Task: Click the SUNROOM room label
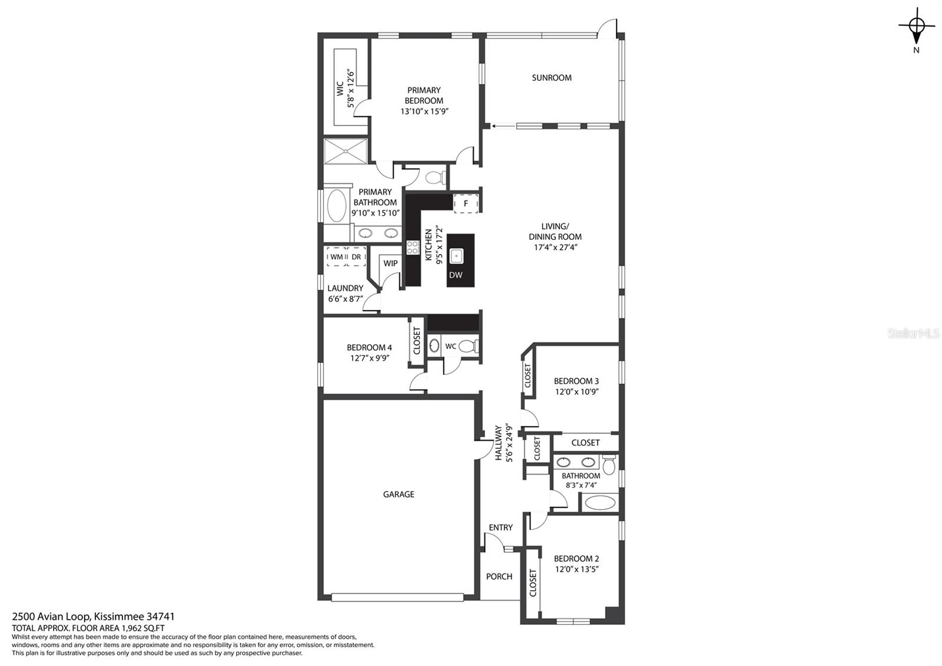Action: click(551, 78)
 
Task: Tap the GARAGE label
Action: click(398, 494)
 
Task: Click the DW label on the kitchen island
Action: click(456, 275)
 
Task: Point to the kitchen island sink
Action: click(456, 256)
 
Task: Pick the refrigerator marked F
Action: click(466, 204)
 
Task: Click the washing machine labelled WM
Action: click(336, 257)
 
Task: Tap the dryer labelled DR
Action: click(356, 257)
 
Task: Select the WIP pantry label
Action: click(390, 263)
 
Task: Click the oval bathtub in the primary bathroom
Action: click(336, 206)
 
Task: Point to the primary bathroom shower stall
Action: click(345, 150)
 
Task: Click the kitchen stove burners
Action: click(413, 248)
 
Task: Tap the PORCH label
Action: click(499, 576)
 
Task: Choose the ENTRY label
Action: click(500, 527)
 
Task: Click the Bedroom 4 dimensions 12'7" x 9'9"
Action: click(369, 358)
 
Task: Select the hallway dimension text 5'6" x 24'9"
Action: click(509, 443)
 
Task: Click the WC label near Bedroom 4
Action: click(450, 347)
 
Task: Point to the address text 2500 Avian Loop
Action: click(51, 616)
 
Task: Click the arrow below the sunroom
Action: click(503, 126)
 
